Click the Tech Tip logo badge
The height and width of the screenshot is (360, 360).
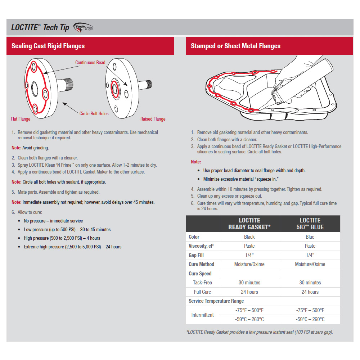[83, 27]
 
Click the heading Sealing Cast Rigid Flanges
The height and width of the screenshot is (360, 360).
[48, 46]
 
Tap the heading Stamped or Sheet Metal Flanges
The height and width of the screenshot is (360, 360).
[235, 46]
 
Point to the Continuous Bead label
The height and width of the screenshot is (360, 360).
[90, 63]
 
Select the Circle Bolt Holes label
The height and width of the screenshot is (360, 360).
[94, 114]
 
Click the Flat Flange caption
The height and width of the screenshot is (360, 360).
[21, 119]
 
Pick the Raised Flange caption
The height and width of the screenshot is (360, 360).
[153, 119]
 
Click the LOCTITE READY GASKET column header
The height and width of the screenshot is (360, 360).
[249, 224]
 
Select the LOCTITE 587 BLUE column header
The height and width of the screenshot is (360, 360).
[310, 224]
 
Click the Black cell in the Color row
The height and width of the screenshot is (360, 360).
[249, 237]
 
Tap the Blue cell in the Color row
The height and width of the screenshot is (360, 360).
[310, 237]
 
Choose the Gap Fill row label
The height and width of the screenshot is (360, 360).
[196, 255]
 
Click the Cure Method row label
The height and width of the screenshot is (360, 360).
[201, 264]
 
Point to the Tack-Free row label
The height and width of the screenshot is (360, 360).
[203, 283]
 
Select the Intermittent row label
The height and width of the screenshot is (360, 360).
[202, 315]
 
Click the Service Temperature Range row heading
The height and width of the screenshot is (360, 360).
[216, 301]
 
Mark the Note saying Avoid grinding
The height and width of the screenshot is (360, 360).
[30, 148]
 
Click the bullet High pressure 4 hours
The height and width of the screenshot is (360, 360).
[62, 238]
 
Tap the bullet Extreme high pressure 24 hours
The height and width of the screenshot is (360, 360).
[72, 247]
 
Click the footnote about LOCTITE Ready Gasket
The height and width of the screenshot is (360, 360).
[259, 332]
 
